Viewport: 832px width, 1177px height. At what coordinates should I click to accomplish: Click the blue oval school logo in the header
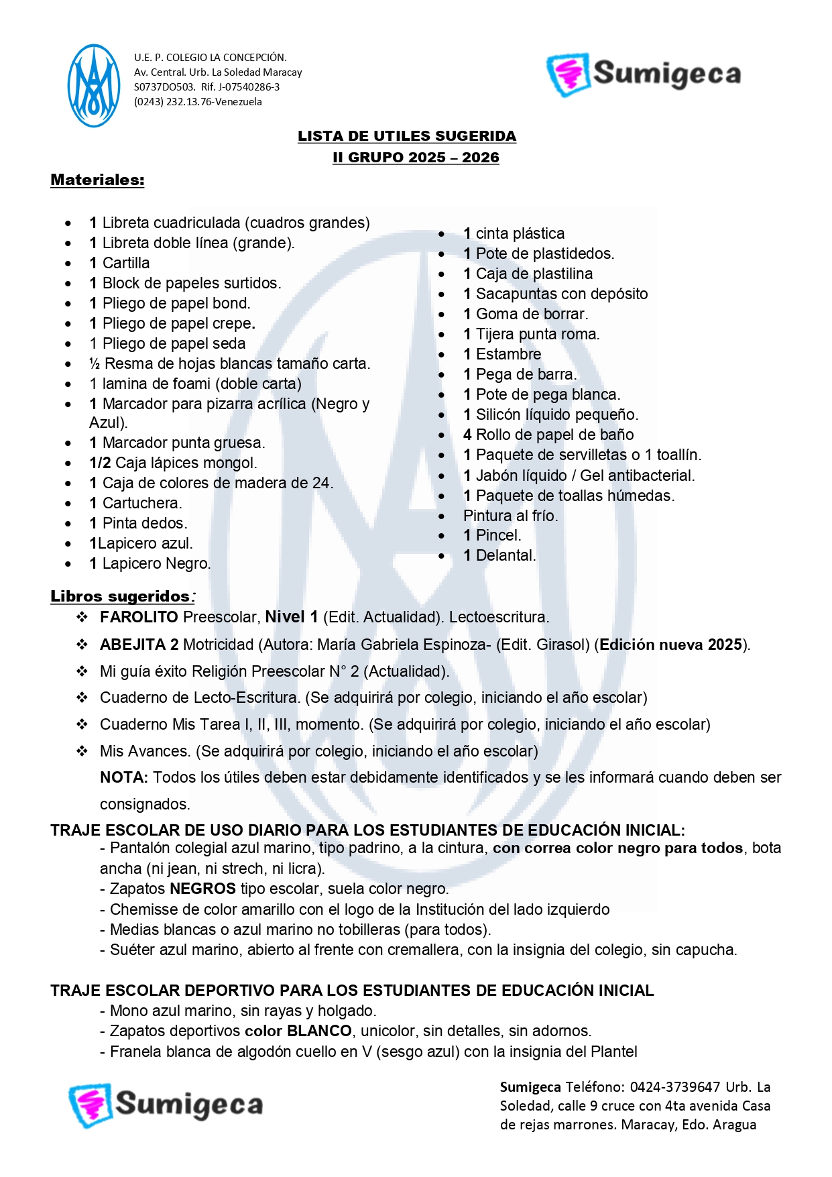click(x=94, y=86)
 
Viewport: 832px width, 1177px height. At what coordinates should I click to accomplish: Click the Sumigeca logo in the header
click(x=644, y=74)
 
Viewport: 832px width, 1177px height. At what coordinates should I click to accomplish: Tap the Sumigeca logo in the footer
click(x=166, y=1104)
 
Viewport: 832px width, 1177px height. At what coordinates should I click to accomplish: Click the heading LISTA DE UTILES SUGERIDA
click(x=407, y=136)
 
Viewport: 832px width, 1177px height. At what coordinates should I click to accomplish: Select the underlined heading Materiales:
click(x=97, y=180)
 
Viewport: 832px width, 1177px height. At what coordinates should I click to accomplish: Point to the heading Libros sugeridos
click(x=121, y=596)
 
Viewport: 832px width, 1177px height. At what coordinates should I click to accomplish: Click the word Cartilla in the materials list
click(x=126, y=263)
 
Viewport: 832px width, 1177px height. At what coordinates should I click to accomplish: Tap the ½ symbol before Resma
click(x=95, y=364)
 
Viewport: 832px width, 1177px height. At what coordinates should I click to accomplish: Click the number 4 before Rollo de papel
click(x=467, y=435)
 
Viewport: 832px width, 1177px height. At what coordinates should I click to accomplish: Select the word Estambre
click(x=508, y=354)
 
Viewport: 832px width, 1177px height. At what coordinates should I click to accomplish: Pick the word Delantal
click(x=506, y=555)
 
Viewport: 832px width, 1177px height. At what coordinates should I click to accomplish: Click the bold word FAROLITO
click(x=139, y=617)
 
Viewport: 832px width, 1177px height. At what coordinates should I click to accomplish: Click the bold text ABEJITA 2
click(x=139, y=644)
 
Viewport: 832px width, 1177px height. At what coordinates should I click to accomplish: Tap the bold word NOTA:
click(x=124, y=777)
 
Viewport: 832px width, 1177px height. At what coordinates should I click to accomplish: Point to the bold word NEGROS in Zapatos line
click(x=202, y=889)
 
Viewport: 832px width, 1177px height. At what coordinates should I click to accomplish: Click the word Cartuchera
click(x=141, y=503)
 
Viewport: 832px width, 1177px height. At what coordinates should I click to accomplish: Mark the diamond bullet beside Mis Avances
click(x=82, y=751)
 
